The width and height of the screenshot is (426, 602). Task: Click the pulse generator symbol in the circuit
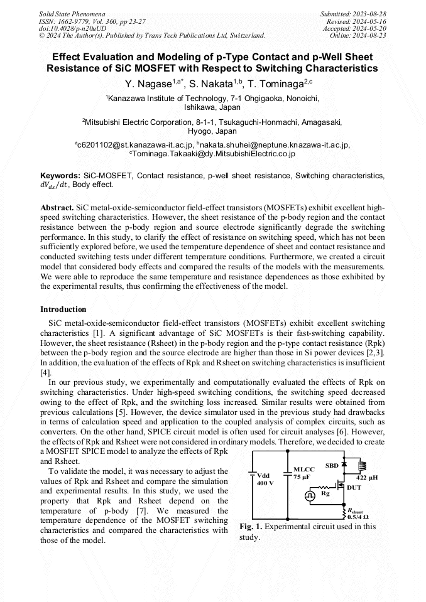point(310,495)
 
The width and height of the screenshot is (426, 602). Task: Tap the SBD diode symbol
point(344,463)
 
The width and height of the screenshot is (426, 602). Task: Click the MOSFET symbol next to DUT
point(340,486)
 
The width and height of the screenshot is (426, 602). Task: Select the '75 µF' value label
point(302,478)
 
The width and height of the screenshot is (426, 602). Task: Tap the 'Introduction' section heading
point(63,309)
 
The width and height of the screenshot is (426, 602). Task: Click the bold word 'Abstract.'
point(57,207)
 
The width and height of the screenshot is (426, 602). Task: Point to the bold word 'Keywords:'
point(60,175)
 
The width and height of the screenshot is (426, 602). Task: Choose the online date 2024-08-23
point(372,36)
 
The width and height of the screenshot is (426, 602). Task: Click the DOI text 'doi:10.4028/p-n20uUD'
point(72,28)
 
